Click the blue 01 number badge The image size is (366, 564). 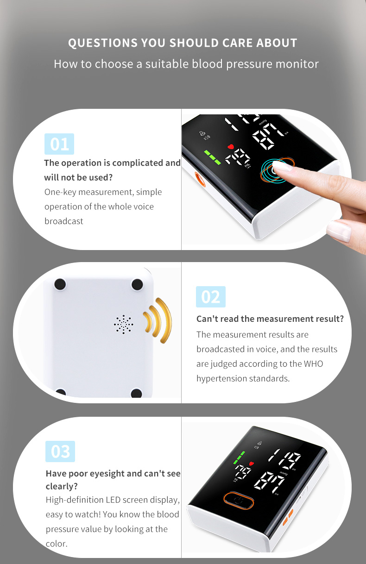click(x=59, y=144)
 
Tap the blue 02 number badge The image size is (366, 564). click(x=211, y=297)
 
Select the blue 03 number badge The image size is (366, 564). click(x=60, y=451)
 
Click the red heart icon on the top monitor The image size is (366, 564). click(x=230, y=146)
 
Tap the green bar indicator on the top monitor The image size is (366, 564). click(x=212, y=157)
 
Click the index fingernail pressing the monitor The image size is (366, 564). click(x=282, y=166)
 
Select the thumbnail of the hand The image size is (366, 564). click(x=339, y=231)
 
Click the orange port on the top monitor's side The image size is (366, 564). click(x=200, y=179)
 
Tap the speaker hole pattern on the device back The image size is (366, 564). click(x=123, y=324)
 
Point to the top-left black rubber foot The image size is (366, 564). click(x=60, y=284)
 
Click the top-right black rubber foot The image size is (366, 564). click(x=137, y=284)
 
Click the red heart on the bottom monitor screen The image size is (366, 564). click(x=251, y=464)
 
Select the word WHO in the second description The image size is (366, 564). click(x=313, y=364)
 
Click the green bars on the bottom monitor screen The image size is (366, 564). click(x=239, y=457)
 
